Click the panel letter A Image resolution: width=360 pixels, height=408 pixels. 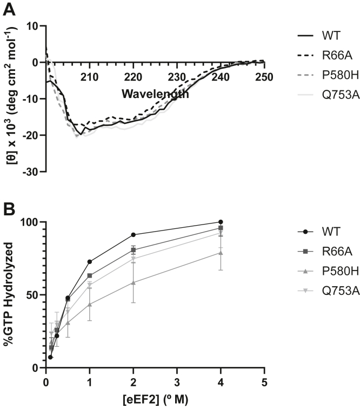9,9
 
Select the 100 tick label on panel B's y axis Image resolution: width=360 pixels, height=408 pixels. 31,222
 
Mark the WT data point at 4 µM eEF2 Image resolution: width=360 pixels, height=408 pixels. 221,222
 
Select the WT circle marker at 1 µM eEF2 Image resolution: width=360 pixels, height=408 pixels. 90,262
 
